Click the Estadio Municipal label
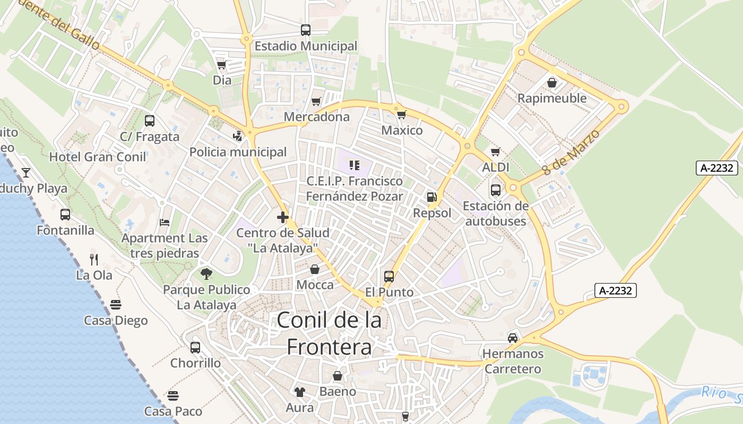point(306,46)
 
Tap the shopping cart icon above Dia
point(221,65)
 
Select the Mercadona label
point(317,117)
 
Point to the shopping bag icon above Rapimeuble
point(552,83)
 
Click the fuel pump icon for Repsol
point(432,198)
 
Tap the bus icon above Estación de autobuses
point(496,190)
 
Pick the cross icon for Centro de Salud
point(283,217)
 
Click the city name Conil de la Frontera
point(329,333)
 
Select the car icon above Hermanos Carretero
point(513,338)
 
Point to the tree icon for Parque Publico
point(206,274)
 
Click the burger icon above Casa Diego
point(116,305)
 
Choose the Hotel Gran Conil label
point(98,157)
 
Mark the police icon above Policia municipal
point(238,136)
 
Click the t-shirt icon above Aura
point(300,392)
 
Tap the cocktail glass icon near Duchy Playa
point(25,173)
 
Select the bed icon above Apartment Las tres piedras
point(165,222)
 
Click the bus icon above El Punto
point(389,277)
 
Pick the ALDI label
point(496,167)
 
